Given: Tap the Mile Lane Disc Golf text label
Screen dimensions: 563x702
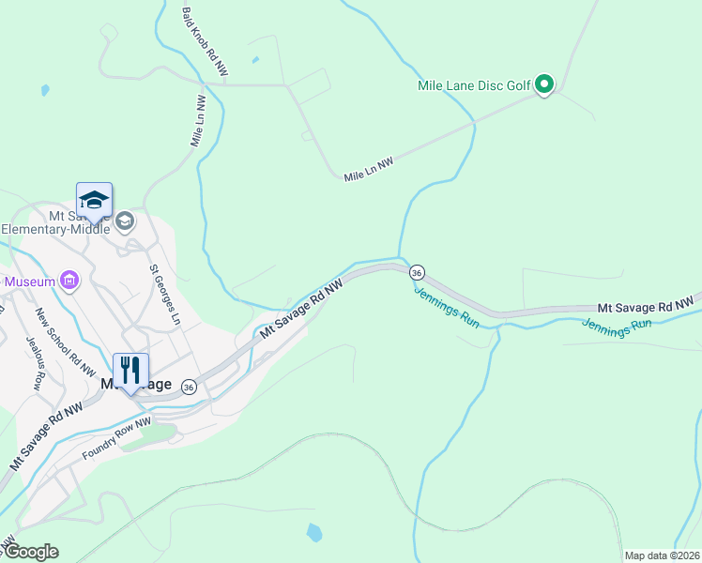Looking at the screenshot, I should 474,85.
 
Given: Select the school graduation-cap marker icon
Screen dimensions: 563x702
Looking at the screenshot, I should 94,200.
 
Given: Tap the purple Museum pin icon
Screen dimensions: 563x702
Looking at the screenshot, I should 68,280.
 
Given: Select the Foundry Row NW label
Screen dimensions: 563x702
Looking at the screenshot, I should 116,439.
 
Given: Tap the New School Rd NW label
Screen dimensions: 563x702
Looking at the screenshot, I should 66,342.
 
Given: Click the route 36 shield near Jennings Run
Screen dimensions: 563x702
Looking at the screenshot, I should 417,272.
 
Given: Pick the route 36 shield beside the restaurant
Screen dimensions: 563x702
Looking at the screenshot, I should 190,387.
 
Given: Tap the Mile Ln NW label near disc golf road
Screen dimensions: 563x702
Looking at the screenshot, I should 368,170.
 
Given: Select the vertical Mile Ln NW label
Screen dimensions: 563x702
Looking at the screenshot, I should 198,121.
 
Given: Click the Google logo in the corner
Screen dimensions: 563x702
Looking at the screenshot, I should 30,552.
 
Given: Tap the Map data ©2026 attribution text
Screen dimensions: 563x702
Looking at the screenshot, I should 662,555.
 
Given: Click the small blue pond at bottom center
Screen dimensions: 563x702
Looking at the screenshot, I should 314,533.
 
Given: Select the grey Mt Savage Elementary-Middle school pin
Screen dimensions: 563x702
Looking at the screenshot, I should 125,222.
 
